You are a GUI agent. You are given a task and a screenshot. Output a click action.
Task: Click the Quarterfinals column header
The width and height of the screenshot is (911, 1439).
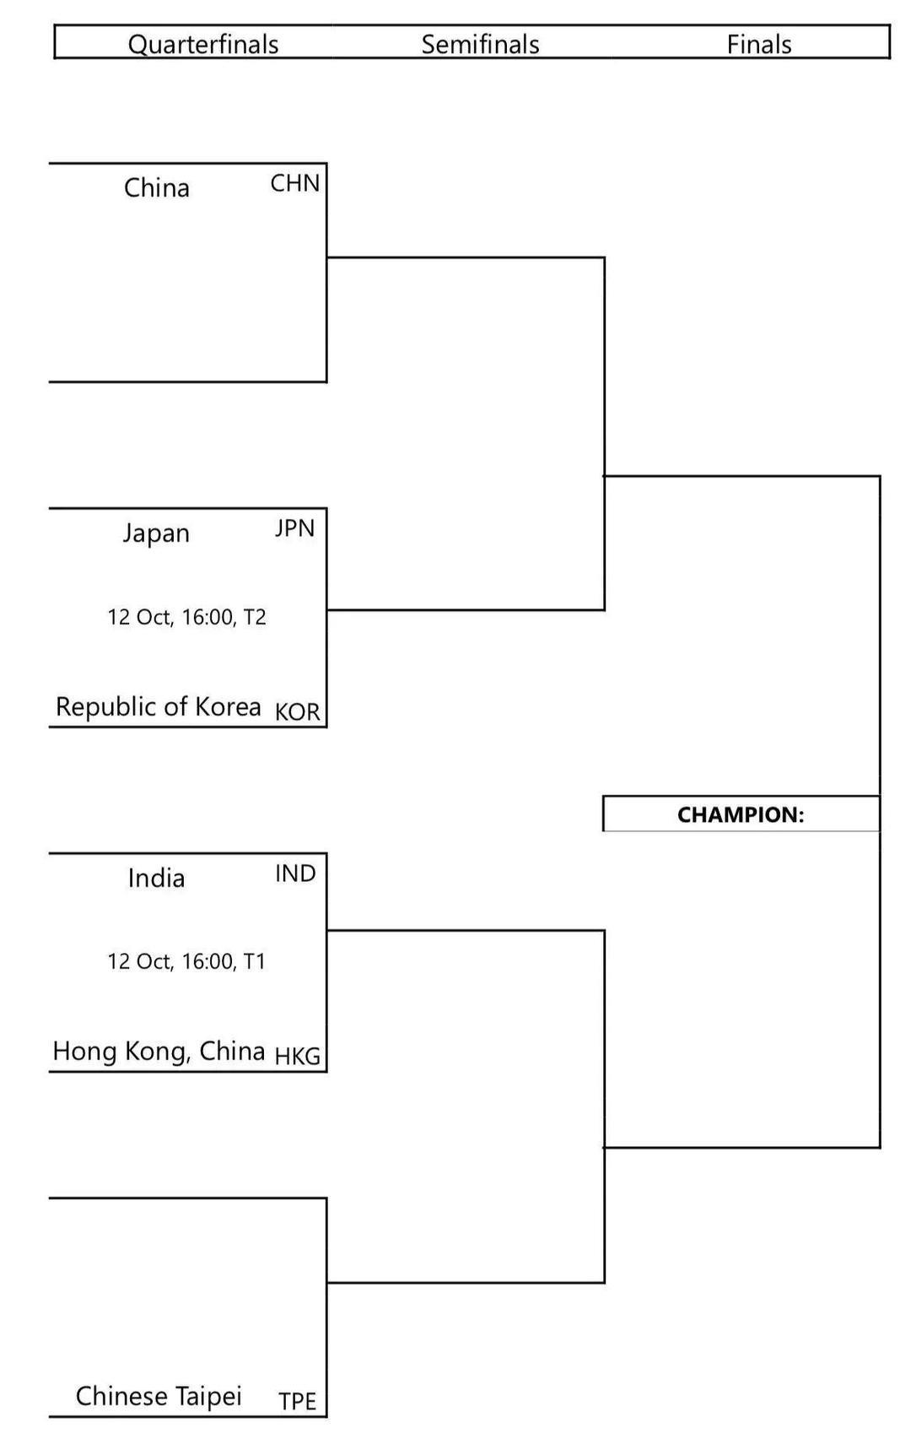point(203,44)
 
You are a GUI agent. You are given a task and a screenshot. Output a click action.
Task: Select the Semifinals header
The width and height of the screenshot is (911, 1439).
point(480,44)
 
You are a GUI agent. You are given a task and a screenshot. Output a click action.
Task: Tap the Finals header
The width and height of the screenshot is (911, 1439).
point(759,44)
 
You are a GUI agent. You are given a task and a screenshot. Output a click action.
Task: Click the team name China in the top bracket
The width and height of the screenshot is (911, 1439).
point(157,187)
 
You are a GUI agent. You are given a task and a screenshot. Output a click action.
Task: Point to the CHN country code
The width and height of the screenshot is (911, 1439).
point(294,183)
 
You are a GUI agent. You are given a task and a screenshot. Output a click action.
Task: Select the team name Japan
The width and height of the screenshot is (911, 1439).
point(157,533)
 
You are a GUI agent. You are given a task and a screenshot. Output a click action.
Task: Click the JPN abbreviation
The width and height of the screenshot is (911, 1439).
point(294,528)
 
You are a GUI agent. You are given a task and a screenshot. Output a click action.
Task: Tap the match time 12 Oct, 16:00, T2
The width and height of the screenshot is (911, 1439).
point(186,617)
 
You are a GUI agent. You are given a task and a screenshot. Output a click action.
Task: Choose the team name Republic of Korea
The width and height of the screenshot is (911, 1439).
point(159,706)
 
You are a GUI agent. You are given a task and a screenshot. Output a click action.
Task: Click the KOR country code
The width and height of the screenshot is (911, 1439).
point(297,711)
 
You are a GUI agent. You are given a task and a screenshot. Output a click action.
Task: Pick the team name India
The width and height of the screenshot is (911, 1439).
point(157,878)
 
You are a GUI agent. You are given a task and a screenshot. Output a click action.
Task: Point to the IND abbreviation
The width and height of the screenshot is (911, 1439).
point(295,874)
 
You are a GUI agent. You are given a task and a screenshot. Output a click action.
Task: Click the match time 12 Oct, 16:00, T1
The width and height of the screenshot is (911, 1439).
point(186,961)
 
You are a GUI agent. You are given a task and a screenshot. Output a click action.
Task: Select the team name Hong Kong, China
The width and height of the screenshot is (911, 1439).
point(159,1051)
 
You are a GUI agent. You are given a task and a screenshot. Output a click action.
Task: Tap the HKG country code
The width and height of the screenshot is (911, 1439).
point(297,1056)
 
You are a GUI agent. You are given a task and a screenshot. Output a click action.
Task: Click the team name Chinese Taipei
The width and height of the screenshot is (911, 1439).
point(159,1396)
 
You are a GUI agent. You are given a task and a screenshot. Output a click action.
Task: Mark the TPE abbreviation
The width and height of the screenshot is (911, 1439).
point(297,1401)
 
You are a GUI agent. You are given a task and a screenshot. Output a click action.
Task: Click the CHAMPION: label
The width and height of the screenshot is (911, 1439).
point(741,814)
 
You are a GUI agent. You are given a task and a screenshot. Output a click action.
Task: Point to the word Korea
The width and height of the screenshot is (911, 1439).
point(228,706)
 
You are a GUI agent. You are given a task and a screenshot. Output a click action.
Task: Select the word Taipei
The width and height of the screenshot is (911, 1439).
point(210,1397)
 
